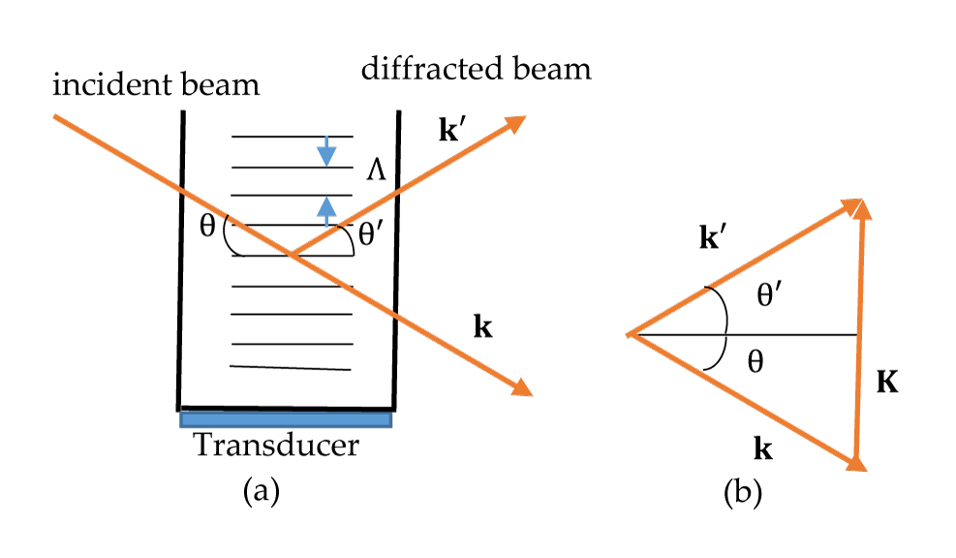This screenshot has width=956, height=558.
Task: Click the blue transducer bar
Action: click(286, 419)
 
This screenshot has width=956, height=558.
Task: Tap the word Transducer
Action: click(276, 446)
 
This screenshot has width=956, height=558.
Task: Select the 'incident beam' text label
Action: click(156, 85)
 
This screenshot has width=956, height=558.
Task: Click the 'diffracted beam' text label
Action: click(475, 70)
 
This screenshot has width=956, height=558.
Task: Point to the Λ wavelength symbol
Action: click(377, 171)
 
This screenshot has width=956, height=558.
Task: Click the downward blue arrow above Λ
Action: click(326, 150)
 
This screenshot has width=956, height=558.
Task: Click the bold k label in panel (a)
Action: click(482, 327)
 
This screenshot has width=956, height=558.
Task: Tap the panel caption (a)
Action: click(261, 492)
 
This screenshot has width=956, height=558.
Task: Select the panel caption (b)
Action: click(743, 493)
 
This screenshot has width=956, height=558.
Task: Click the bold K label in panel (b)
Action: click(886, 383)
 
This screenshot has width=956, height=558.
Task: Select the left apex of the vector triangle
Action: click(631, 335)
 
